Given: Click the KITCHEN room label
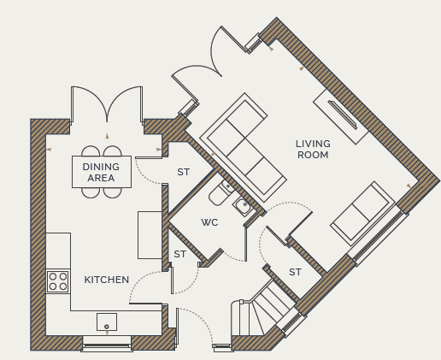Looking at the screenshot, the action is click(107, 280).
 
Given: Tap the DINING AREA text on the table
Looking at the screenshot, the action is click(101, 172).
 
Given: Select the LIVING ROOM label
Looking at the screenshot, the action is click(313, 149).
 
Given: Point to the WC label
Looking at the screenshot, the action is click(209, 222).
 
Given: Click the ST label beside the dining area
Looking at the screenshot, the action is click(183, 172).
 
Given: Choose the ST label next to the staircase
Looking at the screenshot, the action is click(295, 272).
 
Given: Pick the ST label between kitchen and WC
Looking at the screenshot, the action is click(180, 254).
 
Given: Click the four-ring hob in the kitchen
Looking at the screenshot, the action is click(58, 281).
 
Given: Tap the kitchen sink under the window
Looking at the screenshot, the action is click(107, 322).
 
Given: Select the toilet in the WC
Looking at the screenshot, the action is click(220, 192).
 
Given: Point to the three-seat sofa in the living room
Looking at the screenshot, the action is click(243, 147).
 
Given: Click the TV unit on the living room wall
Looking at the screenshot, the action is click(341, 116).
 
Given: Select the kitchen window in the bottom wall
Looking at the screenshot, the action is click(107, 345).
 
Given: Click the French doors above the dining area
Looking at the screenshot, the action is click(107, 105).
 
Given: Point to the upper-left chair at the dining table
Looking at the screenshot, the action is click(91, 151).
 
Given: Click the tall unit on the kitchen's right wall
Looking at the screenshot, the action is click(150, 235).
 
